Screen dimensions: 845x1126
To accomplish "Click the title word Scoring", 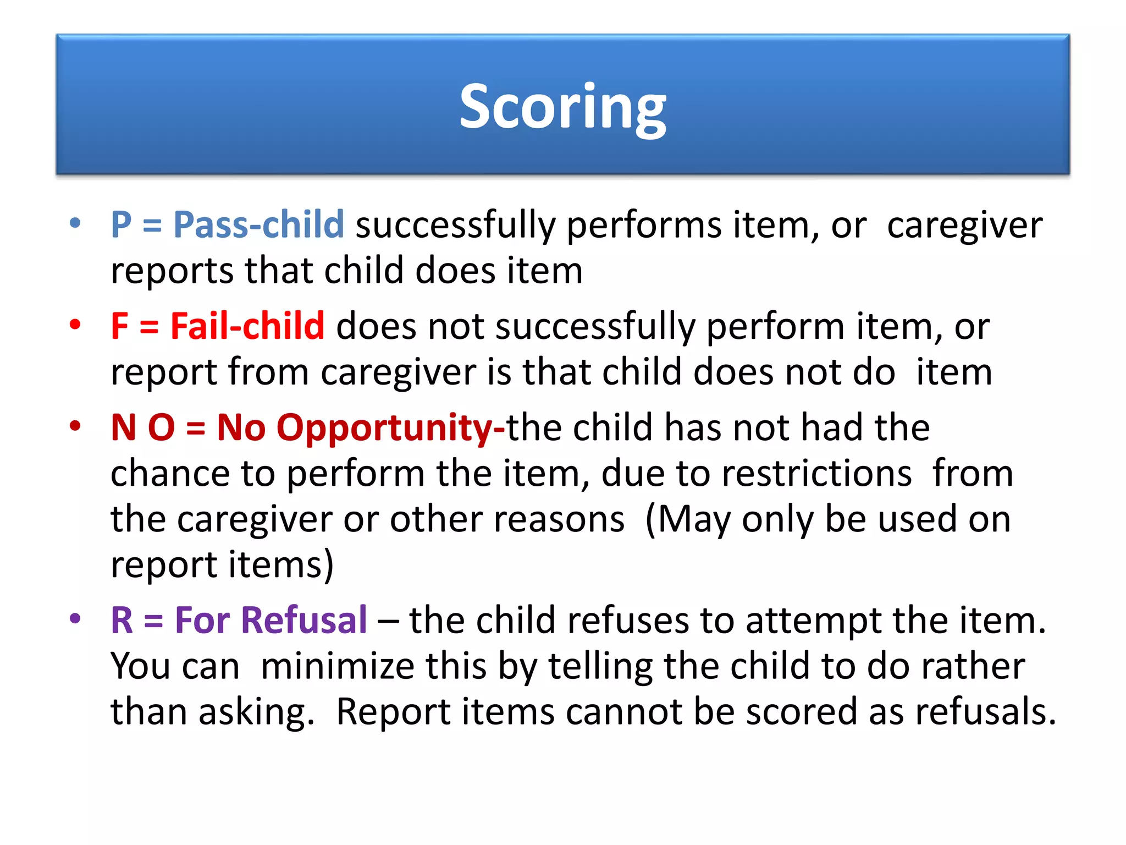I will (x=562, y=107).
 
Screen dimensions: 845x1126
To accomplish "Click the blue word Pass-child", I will (x=258, y=225).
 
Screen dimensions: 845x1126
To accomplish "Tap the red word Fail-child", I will (x=247, y=326).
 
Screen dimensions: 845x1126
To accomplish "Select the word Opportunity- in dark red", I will (x=390, y=428).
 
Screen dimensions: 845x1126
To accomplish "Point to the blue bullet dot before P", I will (x=75, y=223).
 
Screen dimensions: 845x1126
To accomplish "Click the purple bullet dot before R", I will (x=75, y=618).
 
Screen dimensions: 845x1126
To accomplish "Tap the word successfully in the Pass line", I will (x=455, y=225).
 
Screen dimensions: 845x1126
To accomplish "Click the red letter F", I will (x=119, y=326).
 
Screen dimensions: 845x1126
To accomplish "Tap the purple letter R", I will (x=122, y=621).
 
